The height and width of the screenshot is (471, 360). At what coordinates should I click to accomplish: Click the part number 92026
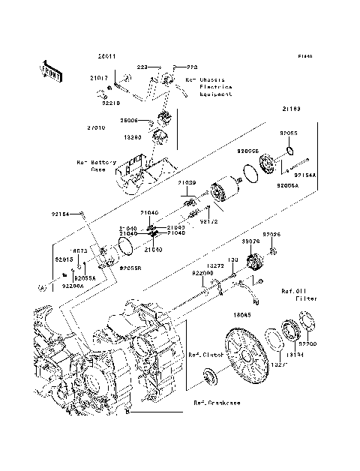[x=271, y=235]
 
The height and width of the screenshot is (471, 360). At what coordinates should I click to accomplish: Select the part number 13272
[x=214, y=265]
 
